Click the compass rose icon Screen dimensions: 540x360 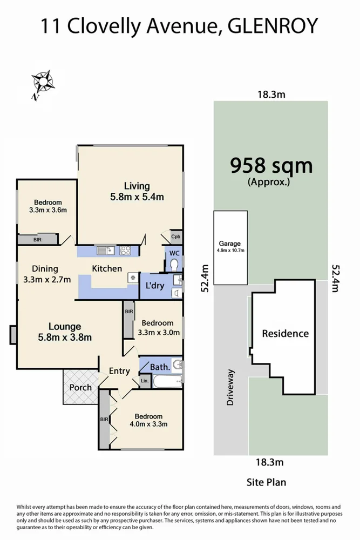coord(42,83)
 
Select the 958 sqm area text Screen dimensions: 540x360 coord(271,166)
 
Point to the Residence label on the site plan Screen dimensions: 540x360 coord(285,333)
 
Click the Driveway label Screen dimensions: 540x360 coord(232,387)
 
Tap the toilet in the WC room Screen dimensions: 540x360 coord(174,265)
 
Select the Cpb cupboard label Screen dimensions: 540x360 coord(175,237)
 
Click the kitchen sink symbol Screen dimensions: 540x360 coord(104,251)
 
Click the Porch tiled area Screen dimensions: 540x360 coord(80,387)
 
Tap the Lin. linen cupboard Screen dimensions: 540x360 coord(144,381)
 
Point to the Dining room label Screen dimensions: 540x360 coord(44,268)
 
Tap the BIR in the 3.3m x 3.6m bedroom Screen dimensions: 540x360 coord(37,239)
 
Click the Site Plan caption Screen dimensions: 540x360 coord(266,482)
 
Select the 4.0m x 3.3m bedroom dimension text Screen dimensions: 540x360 coord(148,424)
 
